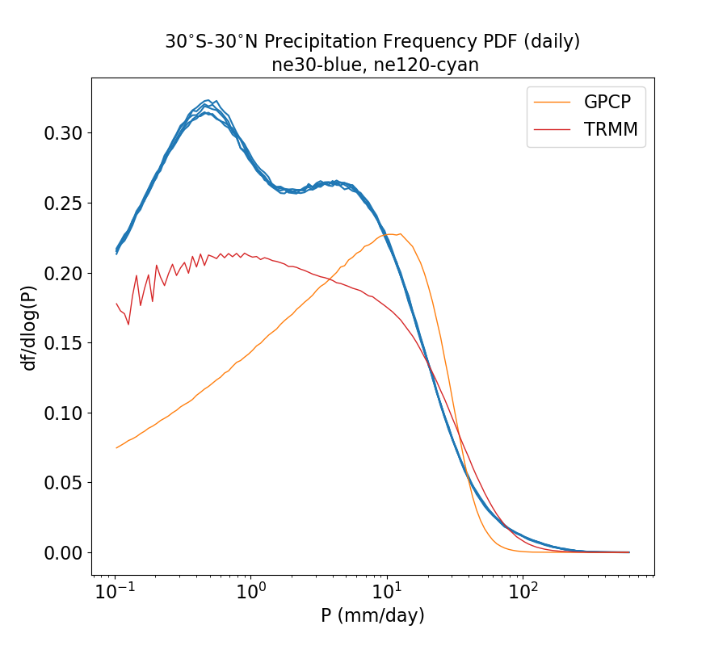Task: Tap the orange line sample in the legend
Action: click(553, 102)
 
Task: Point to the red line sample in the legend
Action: click(553, 129)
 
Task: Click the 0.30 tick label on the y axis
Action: click(62, 133)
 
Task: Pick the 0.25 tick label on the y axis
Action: click(62, 203)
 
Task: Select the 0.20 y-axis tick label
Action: click(62, 274)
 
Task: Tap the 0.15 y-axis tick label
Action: click(62, 343)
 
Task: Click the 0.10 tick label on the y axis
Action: click(62, 413)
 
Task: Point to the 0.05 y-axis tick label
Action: click(62, 483)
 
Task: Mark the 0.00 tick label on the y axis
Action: click(62, 553)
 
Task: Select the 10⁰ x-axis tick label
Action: click(251, 591)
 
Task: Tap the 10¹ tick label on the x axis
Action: click(387, 591)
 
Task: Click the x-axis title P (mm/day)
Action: click(372, 616)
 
